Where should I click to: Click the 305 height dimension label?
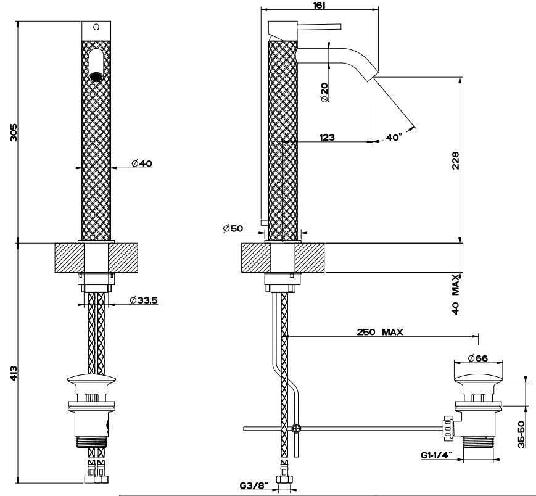14,132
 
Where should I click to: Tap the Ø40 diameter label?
142,163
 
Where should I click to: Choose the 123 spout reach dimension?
327,138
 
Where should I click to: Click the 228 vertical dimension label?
456,161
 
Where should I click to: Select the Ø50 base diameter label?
233,229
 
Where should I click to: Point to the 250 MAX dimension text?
380,331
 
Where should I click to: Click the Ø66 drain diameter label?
479,358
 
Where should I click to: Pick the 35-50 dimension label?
522,434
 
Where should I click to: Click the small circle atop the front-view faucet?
95,27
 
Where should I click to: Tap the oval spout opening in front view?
96,65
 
